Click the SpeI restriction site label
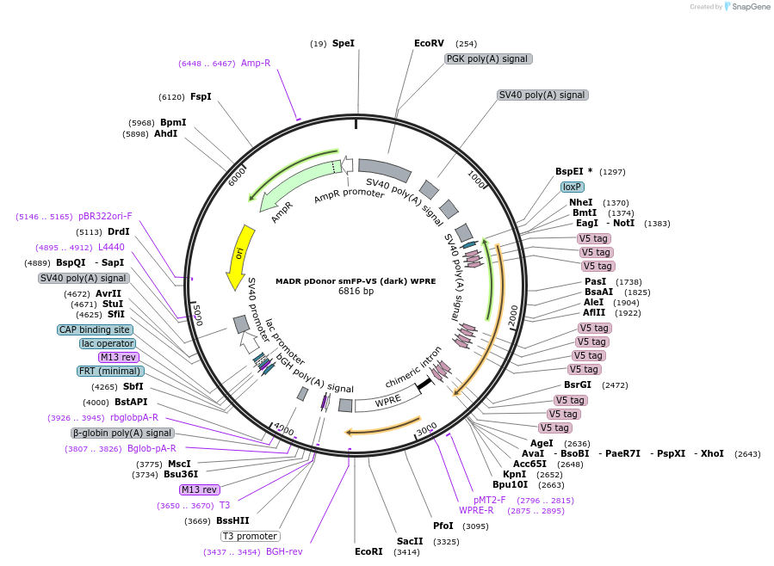coord(344,43)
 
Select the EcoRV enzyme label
coord(429,43)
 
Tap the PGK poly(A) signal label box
coord(488,58)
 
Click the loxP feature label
coord(573,187)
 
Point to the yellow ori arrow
coord(238,256)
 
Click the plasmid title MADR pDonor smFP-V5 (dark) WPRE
coord(356,280)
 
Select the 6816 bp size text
coord(356,292)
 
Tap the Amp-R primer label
coord(256,63)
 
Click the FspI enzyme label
coord(201,97)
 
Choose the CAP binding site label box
coord(95,329)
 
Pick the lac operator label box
coord(107,343)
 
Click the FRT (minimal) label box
coord(110,371)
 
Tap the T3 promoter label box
coord(251,536)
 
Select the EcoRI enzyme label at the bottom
coord(368,551)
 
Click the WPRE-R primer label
coord(476,510)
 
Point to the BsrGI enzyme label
coord(578,385)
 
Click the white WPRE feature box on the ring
coord(387,401)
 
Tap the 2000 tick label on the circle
coord(513,315)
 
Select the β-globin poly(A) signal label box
coord(122,433)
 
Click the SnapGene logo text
coord(750,7)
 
